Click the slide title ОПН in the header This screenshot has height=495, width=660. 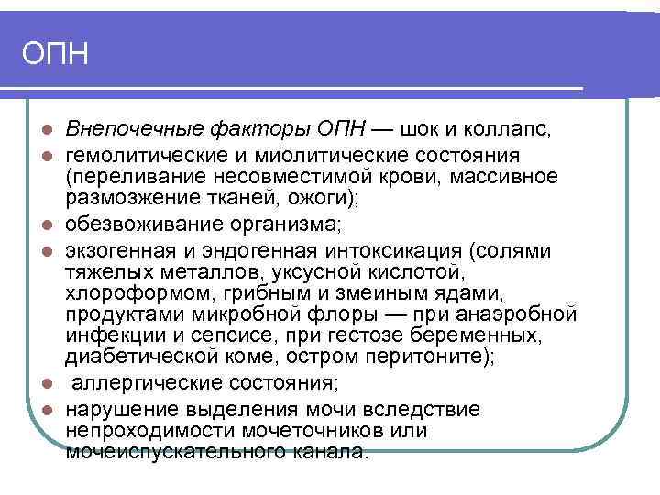point(55,53)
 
